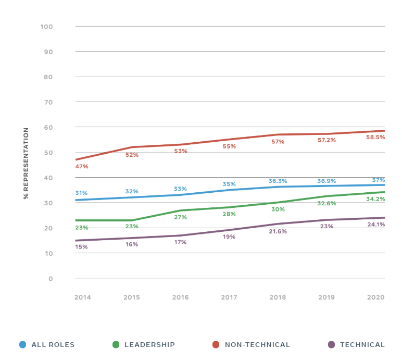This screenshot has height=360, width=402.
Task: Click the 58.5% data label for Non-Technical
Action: [375, 138]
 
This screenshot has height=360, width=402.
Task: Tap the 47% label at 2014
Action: [82, 167]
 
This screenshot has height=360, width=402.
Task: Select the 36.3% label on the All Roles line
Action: [278, 181]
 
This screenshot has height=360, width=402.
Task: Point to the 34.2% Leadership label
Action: [375, 199]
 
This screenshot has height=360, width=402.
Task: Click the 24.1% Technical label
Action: [375, 225]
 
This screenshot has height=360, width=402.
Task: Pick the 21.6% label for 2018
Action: [278, 231]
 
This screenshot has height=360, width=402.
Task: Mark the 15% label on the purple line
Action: [82, 247]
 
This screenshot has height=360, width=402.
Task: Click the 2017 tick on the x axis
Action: [229, 297]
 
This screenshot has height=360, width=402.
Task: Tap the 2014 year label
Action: [83, 297]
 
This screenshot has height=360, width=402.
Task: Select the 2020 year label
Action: [375, 297]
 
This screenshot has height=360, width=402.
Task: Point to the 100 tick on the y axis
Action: [46, 27]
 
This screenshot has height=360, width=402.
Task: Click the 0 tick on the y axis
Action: [51, 279]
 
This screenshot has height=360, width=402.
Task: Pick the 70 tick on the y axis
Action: [48, 102]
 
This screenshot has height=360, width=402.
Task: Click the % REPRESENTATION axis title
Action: [26, 163]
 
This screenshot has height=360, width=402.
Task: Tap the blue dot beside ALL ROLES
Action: [22, 344]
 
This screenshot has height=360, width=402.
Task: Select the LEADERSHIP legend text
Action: [149, 345]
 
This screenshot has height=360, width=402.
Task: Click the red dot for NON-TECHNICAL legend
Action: [216, 344]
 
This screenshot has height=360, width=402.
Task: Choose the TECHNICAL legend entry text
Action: [362, 345]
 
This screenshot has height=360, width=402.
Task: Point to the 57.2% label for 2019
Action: [327, 141]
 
